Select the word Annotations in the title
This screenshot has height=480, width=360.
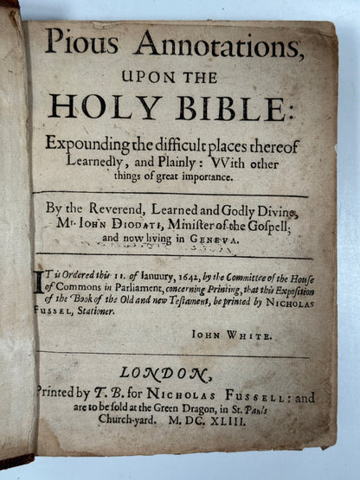tap(186, 42)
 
